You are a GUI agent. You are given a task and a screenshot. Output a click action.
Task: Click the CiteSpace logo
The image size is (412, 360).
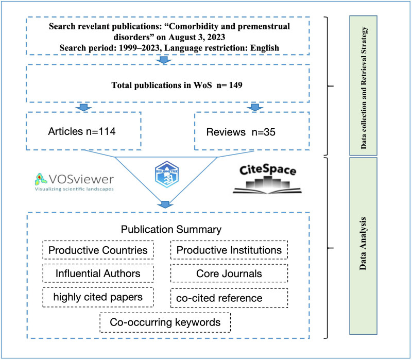click(264, 178)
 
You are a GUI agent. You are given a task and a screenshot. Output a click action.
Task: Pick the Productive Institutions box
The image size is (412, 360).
click(229, 250)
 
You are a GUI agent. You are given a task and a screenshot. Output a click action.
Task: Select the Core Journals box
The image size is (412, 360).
click(229, 273)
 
